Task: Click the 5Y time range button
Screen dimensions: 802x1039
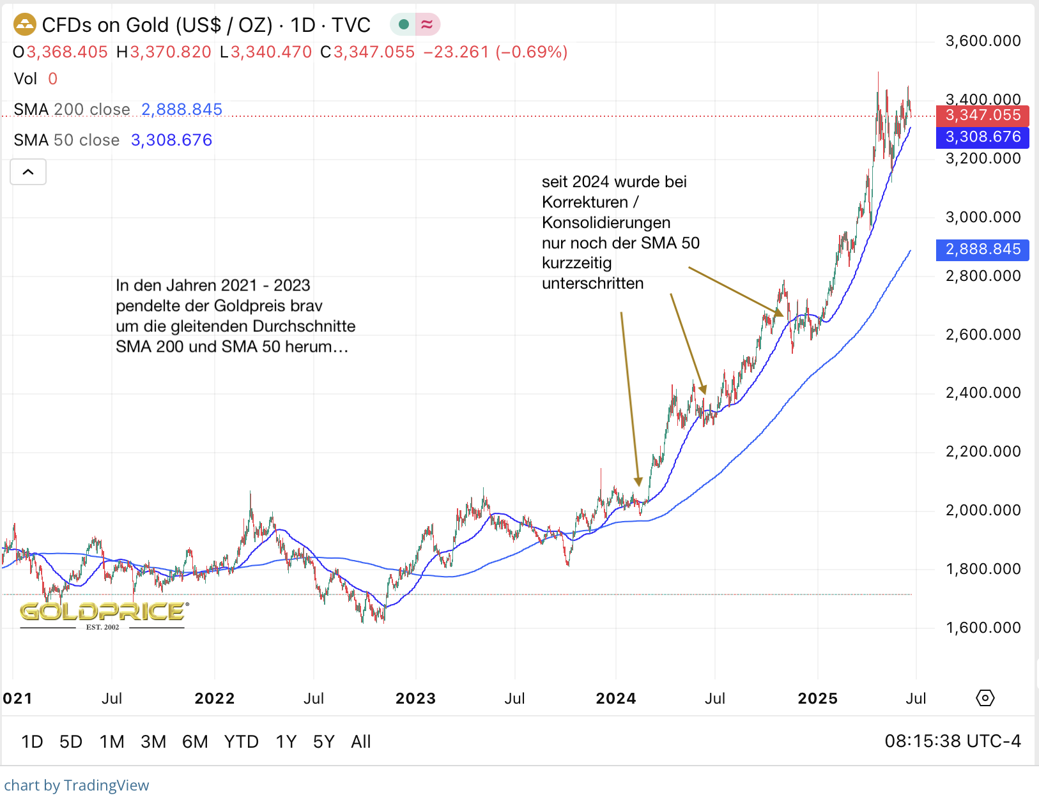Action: pos(323,741)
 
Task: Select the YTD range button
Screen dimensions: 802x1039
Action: pos(241,741)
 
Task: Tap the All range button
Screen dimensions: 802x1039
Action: pos(360,741)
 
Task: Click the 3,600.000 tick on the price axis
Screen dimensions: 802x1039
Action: pos(983,42)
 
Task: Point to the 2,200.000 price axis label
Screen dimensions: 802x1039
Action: pos(983,451)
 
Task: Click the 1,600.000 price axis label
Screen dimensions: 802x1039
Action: pos(983,628)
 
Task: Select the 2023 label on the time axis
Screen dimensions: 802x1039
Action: pos(415,699)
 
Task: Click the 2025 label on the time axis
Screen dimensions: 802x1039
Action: pos(817,699)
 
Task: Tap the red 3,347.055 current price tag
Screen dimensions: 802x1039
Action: pos(982,116)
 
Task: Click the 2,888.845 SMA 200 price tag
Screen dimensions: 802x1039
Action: pos(982,250)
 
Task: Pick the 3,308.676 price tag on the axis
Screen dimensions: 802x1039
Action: pos(982,137)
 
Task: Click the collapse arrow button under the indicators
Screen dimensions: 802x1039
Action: pos(28,172)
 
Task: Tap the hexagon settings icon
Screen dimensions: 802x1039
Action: pos(985,698)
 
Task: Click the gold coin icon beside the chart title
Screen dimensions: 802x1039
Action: pos(25,25)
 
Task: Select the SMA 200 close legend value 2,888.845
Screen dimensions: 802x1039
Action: pos(181,110)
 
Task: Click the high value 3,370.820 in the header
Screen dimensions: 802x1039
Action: pos(171,52)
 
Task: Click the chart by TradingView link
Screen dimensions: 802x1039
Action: pos(77,785)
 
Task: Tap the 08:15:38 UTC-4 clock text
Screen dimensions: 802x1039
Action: pos(952,741)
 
